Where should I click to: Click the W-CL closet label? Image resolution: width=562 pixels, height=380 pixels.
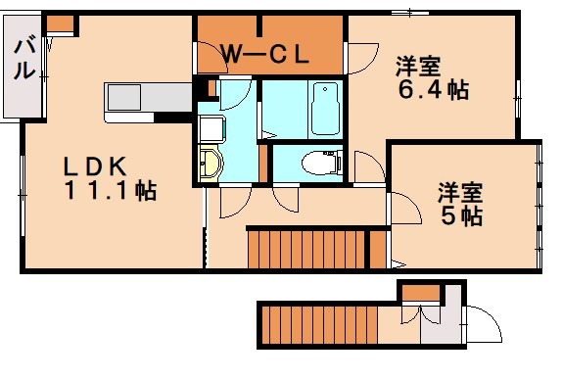265,55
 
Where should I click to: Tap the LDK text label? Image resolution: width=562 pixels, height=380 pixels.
95,166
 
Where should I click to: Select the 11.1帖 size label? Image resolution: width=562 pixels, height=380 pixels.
111,190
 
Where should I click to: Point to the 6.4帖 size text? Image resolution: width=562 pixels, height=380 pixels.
434,90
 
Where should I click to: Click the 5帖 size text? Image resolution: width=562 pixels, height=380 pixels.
462,215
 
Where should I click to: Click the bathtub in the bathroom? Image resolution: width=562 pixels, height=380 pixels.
325,109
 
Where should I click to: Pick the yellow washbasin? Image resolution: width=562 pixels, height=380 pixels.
211,165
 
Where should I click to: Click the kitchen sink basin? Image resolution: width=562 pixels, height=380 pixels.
124,98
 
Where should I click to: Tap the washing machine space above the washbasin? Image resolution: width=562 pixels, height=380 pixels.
211,129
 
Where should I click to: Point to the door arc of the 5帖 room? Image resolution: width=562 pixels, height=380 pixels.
411,205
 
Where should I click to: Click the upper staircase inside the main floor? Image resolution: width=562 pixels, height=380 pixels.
317,250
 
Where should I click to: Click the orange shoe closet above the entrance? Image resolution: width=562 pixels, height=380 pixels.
421,293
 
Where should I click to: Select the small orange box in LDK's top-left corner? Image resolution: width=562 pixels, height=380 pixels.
61,24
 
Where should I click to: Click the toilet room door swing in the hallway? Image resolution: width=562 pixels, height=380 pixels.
286,200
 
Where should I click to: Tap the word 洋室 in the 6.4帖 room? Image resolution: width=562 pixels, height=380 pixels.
418,67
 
